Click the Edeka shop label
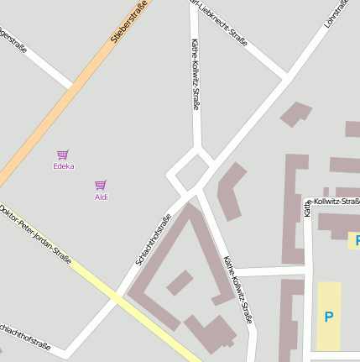63,166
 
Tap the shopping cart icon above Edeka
63,155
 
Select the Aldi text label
101,197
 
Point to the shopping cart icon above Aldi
101,185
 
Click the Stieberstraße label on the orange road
129,22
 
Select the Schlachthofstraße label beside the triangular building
153,240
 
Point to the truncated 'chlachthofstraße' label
25,335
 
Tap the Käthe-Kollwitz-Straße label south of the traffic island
238,290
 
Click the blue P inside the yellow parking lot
328,317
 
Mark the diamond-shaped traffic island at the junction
191,172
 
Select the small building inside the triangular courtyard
180,282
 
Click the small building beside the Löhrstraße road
295,113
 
